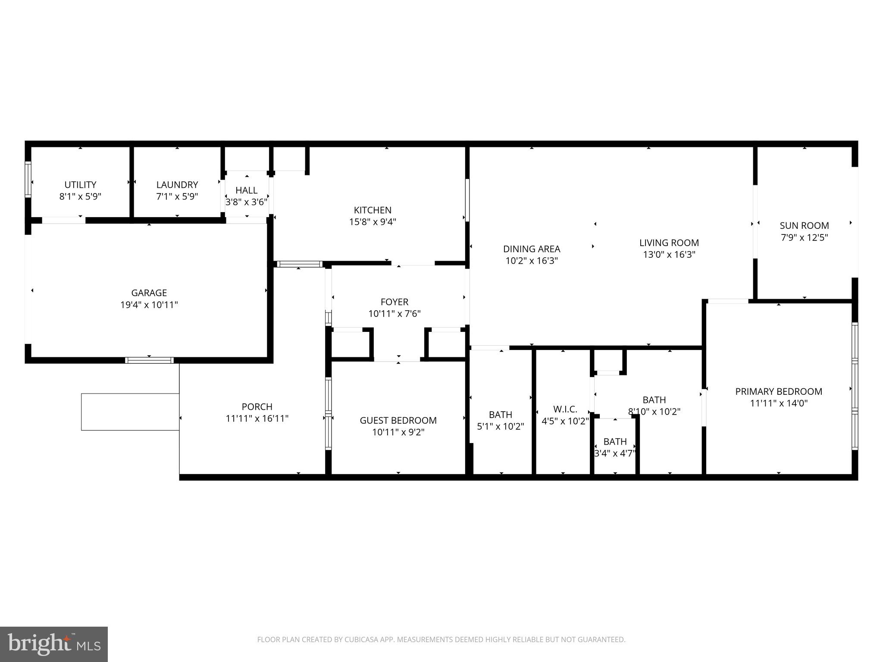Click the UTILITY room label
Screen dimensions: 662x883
coord(80,185)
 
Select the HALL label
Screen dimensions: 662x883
coord(247,190)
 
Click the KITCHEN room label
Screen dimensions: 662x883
coord(373,210)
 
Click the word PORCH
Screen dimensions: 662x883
coord(257,407)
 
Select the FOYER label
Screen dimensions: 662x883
coord(394,302)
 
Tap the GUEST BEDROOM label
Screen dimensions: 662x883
coord(398,421)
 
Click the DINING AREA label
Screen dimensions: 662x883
coord(532,249)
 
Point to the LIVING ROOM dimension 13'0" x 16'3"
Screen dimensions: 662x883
coord(669,255)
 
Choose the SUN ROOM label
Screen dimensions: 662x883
coord(804,226)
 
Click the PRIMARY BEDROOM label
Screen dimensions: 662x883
coord(778,392)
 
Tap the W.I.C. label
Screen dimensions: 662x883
coord(565,409)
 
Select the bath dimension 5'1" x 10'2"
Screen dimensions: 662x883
coord(500,427)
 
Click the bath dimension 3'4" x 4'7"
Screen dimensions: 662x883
coord(615,453)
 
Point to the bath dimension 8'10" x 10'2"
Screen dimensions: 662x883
coord(654,412)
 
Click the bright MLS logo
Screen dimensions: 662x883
coord(54,644)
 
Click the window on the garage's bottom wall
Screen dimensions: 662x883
coord(149,360)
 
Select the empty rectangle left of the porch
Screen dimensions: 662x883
coord(130,412)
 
